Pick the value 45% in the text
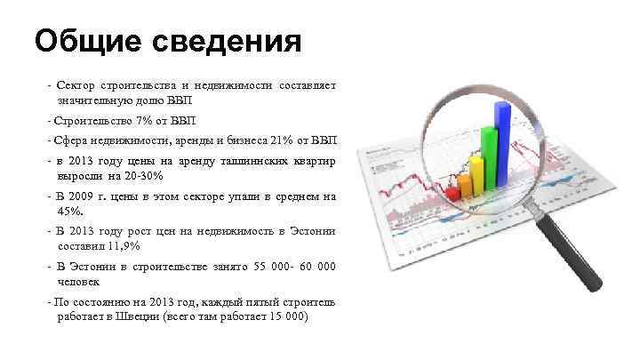[69, 211]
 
